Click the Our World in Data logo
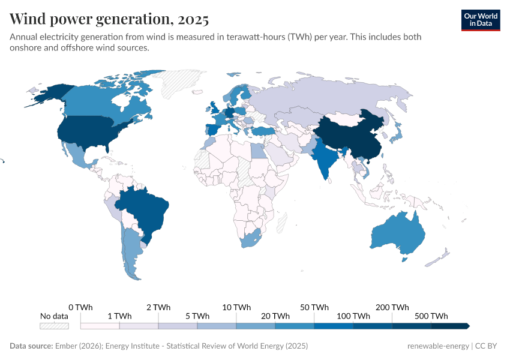pyautogui.click(x=481, y=20)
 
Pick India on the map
pyautogui.click(x=325, y=159)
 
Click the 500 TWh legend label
pyautogui.click(x=431, y=316)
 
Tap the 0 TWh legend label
pyautogui.click(x=80, y=307)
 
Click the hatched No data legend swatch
pyautogui.click(x=54, y=326)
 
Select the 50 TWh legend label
pyautogui.click(x=314, y=307)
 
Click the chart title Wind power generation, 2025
pyautogui.click(x=109, y=19)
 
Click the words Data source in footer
pyautogui.click(x=31, y=346)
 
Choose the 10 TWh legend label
pyautogui.click(x=236, y=307)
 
